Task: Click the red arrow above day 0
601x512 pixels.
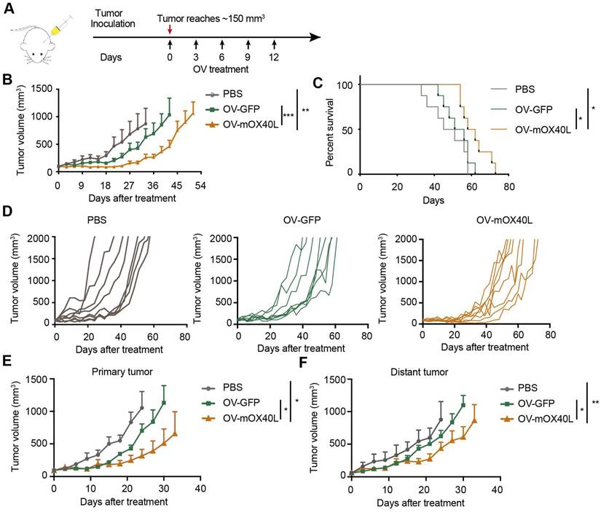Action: pyautogui.click(x=170, y=30)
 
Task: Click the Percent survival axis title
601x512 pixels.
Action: pyautogui.click(x=337, y=129)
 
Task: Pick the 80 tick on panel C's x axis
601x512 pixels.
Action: pyautogui.click(x=509, y=186)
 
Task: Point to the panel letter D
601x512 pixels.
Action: pyautogui.click(x=8, y=213)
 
